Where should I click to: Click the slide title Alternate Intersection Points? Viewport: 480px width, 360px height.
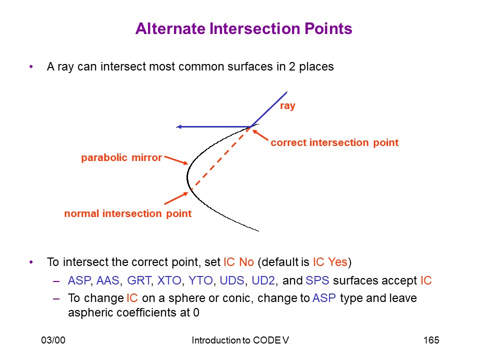coord(243,28)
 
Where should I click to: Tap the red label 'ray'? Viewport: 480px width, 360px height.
coord(287,106)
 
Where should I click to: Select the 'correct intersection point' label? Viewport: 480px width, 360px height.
coord(334,142)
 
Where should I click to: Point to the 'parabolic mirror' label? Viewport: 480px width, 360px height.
coord(121,157)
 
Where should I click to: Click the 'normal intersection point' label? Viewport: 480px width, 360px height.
coord(128,213)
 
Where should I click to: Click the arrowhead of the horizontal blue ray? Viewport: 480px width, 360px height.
coord(179,126)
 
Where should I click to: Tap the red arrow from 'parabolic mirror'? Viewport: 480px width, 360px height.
coord(176,160)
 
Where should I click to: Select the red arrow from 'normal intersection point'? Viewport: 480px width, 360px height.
coord(176,198)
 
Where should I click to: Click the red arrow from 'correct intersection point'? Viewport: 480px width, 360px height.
coord(260,135)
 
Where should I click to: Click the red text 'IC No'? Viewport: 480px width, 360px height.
coord(239,262)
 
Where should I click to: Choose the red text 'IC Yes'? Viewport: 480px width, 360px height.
coord(330,262)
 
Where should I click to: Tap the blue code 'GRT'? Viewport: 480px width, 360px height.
coord(139,280)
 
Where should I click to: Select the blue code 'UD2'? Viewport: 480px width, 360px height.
coord(263,280)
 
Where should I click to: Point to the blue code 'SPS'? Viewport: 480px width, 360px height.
coord(317,280)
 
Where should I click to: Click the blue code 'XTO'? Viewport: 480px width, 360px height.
coord(169,280)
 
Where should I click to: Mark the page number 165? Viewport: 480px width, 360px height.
coord(431,340)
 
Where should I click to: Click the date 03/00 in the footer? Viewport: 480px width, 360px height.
coord(53,340)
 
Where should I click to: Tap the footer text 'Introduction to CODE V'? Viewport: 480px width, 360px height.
coord(240,340)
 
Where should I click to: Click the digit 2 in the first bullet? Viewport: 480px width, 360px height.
coord(292,66)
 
